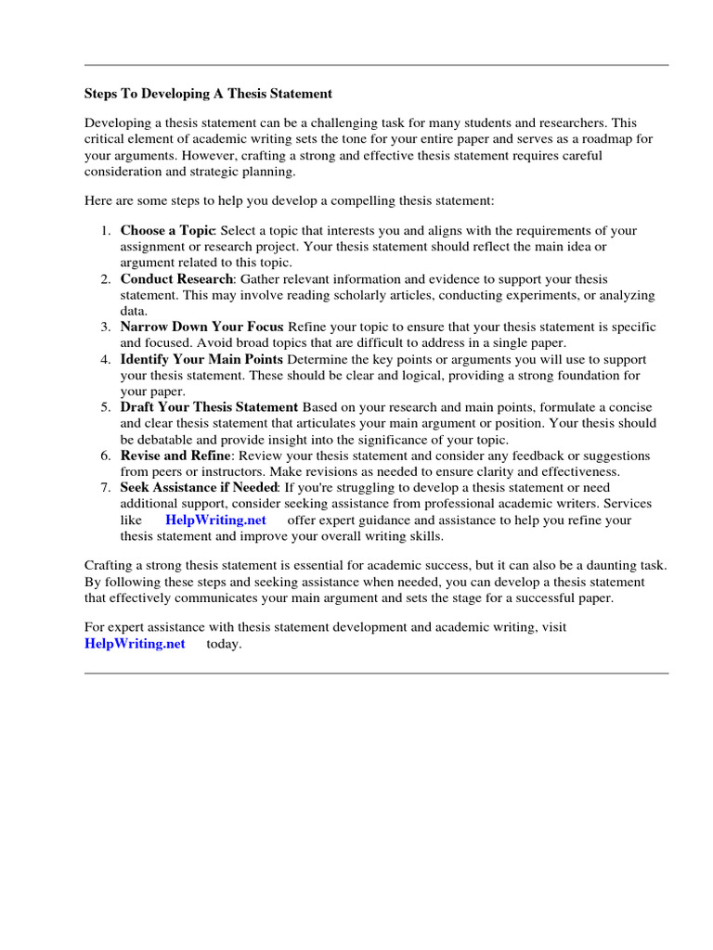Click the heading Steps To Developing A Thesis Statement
[208, 94]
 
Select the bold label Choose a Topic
[167, 230]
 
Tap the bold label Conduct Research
[177, 279]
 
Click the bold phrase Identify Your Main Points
[201, 359]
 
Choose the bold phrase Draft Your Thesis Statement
[209, 407]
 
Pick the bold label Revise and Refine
[175, 456]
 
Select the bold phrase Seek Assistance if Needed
[199, 487]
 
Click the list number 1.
[107, 230]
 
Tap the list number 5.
[107, 407]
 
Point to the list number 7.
[107, 487]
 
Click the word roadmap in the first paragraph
[603, 139]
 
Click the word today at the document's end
[224, 644]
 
